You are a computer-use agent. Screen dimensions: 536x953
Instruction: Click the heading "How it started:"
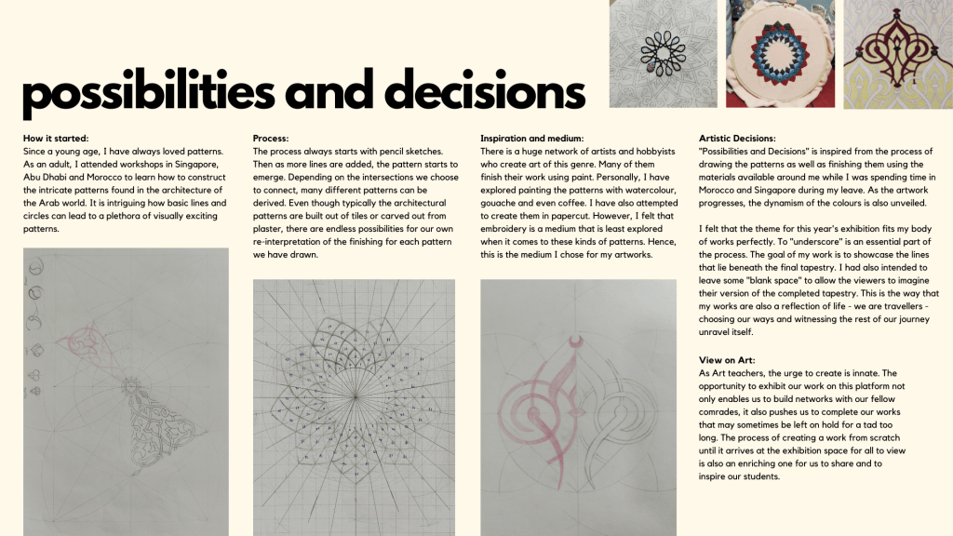pos(56,139)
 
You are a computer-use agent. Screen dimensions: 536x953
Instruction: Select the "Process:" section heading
pos(271,139)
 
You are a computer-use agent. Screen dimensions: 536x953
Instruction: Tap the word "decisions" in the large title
pos(484,92)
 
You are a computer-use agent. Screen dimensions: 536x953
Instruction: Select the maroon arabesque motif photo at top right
pos(898,54)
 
